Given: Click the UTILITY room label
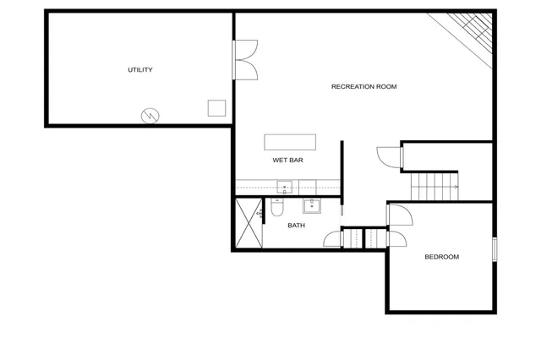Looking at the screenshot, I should [140, 70].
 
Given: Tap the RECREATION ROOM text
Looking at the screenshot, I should [363, 87].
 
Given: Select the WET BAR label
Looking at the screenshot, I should [287, 160].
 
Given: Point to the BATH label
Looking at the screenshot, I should [296, 226].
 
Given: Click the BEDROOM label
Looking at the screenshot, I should [441, 257].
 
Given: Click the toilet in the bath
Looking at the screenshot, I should [276, 209].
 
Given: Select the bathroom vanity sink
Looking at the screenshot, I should [312, 205].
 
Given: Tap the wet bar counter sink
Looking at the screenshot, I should [285, 187].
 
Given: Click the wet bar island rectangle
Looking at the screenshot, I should [290, 141].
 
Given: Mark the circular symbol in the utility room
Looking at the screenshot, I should [150, 115].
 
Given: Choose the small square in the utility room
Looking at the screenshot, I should [217, 108].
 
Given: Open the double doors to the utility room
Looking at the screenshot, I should [246, 59].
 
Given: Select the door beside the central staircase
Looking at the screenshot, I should [388, 158].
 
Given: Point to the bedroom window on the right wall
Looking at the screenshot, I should [495, 252].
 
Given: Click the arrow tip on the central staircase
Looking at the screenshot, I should [457, 186].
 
